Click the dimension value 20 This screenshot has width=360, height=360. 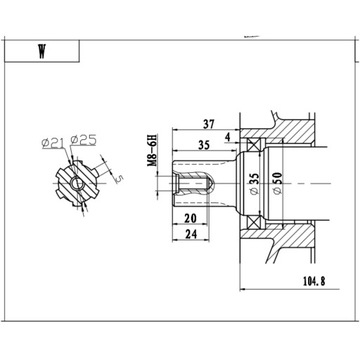[x=189, y=217]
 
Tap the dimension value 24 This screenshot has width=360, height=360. [x=189, y=238]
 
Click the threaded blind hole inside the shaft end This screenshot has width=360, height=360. [x=195, y=184]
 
